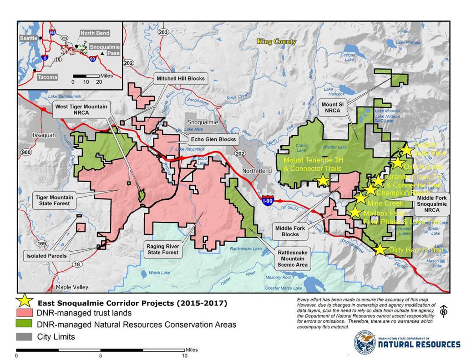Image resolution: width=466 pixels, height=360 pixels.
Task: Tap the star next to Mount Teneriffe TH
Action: click(x=322, y=180)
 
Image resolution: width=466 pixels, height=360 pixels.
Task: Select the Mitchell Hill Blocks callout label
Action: click(x=181, y=78)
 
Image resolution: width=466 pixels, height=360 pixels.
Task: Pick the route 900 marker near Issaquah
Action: click(x=24, y=152)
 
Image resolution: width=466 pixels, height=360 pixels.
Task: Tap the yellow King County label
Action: click(x=276, y=42)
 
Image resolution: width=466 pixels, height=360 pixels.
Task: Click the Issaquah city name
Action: click(x=44, y=136)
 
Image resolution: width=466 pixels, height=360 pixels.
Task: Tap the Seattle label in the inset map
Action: click(x=28, y=38)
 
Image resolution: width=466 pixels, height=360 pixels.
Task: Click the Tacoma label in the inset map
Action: click(x=47, y=77)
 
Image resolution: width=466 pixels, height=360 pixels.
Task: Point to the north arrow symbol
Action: click(x=444, y=312)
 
